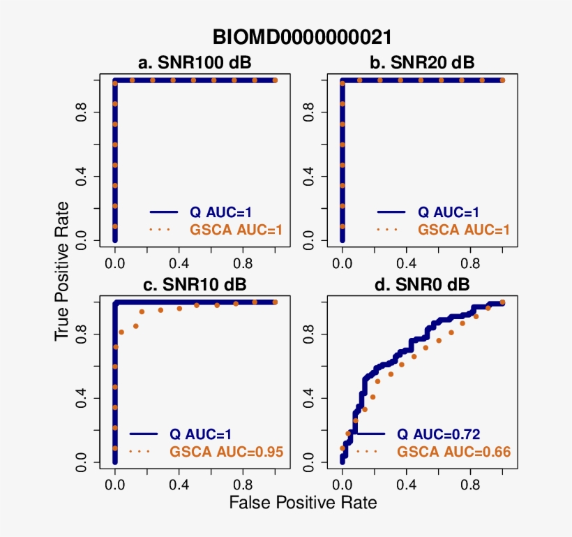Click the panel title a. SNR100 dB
(x=195, y=63)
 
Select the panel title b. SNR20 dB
(x=422, y=63)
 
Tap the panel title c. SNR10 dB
(x=195, y=285)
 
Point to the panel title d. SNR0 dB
(x=422, y=285)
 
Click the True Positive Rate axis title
(x=63, y=272)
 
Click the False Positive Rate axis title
(x=303, y=502)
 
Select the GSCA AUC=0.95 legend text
(x=226, y=452)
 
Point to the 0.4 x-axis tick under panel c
(x=179, y=482)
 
